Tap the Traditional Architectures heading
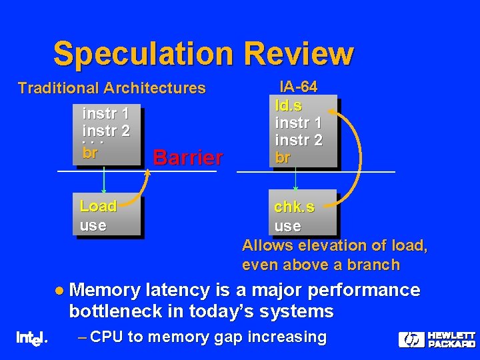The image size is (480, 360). point(111,88)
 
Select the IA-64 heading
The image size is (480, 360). point(298,87)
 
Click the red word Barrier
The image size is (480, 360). point(187,158)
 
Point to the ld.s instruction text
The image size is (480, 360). point(289,105)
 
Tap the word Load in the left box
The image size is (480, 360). point(98,206)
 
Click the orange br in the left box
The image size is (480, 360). point(90,151)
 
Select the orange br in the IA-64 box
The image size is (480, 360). point(283,159)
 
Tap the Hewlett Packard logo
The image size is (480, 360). point(437,339)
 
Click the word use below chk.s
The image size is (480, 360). point(287,226)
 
